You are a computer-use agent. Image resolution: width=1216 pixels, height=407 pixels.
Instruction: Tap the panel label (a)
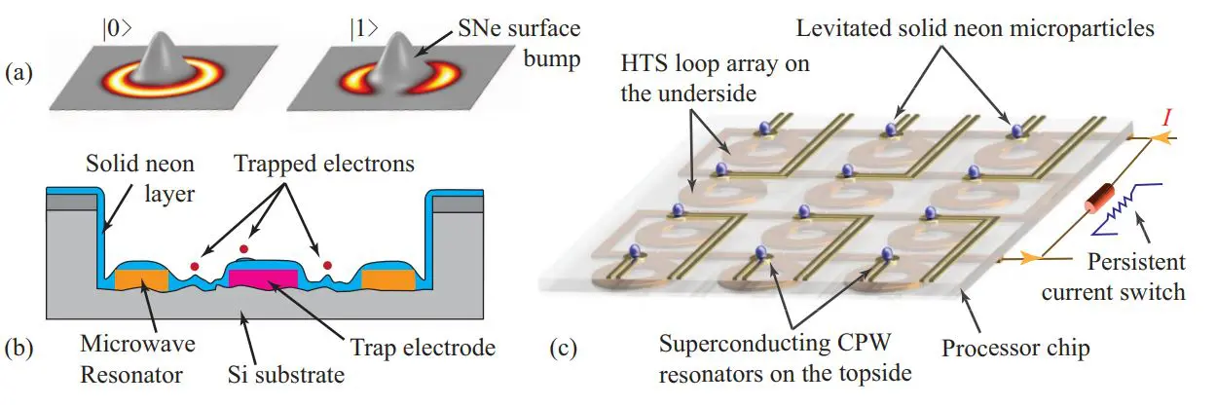18,72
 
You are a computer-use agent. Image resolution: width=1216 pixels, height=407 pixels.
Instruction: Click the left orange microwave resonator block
142,279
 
